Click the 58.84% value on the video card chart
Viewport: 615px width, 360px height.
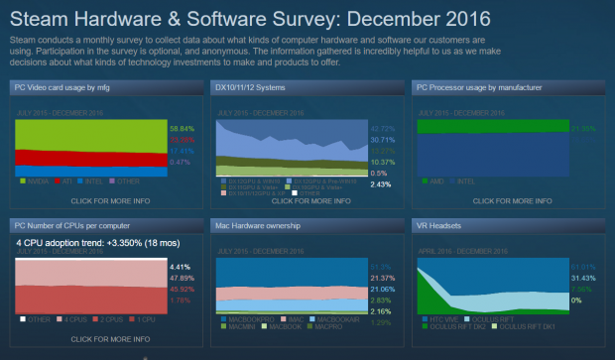183,128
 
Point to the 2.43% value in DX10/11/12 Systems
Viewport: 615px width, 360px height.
382,183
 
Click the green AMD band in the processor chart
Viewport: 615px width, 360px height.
491,127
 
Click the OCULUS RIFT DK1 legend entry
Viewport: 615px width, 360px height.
523,328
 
